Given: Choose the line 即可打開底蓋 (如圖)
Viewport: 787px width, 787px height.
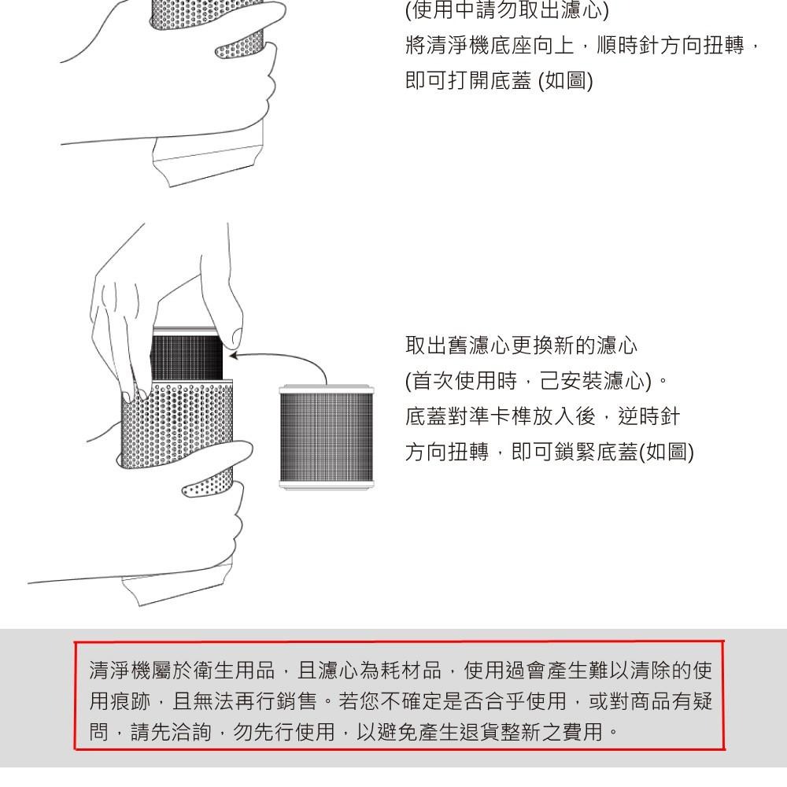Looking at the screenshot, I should (x=499, y=80).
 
